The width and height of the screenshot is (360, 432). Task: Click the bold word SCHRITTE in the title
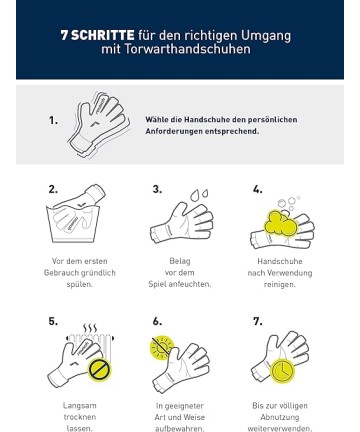tap(103, 35)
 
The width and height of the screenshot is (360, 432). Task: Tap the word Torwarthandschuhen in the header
tap(187, 49)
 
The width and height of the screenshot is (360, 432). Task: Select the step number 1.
tap(53, 120)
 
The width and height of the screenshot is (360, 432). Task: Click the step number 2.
tap(53, 189)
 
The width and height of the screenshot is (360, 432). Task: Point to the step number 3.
tap(157, 189)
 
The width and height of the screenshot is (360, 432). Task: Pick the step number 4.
tap(257, 189)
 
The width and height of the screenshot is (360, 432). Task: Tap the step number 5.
tap(53, 321)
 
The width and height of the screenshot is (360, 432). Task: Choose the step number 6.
tap(157, 321)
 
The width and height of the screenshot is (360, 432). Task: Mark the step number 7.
tap(257, 321)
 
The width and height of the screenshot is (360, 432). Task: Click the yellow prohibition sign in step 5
tap(100, 369)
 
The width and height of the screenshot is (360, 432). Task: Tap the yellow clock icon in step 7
tap(282, 371)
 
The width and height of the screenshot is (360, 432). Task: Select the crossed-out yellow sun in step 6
tap(162, 347)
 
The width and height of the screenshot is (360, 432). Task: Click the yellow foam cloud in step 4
tap(280, 224)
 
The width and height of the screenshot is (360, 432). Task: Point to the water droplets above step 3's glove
tap(199, 195)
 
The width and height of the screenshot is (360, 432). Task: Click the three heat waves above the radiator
tap(90, 328)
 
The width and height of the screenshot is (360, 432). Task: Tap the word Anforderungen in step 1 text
tap(174, 131)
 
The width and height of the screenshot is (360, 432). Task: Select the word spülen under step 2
tap(79, 285)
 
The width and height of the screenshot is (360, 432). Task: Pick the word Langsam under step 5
tap(80, 406)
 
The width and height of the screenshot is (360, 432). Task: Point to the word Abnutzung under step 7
tap(280, 417)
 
